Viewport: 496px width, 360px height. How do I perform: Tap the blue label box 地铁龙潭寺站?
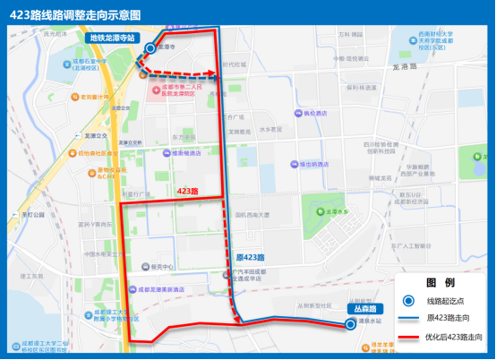click(x=113, y=39)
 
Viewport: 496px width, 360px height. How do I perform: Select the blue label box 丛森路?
click(x=363, y=309)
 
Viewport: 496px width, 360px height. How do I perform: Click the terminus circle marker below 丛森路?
click(x=351, y=323)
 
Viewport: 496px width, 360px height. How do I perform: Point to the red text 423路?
click(x=187, y=192)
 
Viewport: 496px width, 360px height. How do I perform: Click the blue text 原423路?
click(x=251, y=256)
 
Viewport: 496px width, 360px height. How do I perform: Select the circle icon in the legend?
click(x=408, y=301)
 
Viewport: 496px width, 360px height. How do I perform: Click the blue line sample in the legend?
click(x=408, y=319)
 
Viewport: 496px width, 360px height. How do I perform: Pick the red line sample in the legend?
click(x=408, y=338)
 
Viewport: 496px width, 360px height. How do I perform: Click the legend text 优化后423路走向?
click(x=458, y=338)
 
